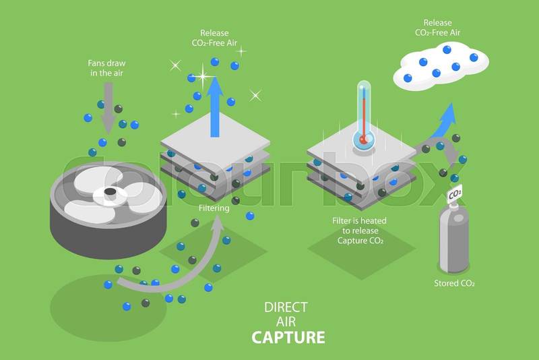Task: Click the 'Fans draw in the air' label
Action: (x=106, y=67)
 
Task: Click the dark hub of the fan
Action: (x=109, y=193)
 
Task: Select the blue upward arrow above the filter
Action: (x=214, y=104)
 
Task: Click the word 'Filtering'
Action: (x=214, y=208)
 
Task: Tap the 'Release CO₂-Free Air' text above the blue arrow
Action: (x=214, y=39)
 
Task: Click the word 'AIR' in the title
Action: (x=288, y=322)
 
